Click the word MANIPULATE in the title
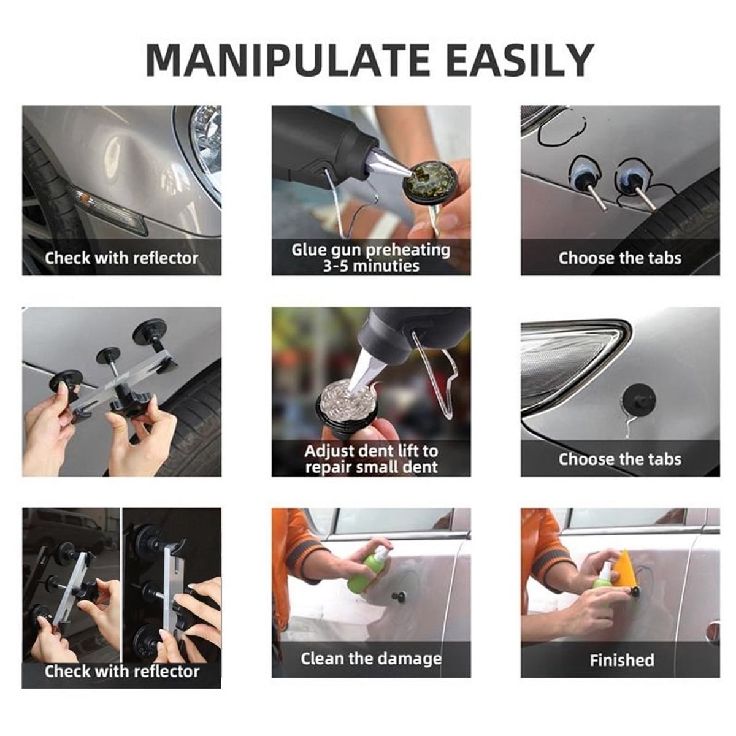[289, 60]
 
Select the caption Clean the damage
[371, 659]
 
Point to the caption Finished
[622, 660]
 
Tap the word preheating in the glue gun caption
[408, 251]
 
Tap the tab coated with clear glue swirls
[347, 402]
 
